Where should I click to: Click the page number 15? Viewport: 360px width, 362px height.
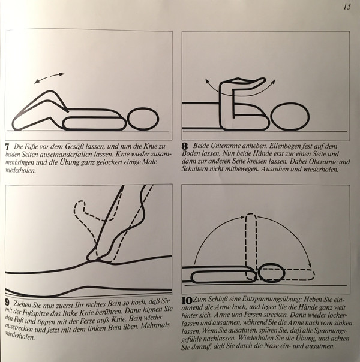(347, 7)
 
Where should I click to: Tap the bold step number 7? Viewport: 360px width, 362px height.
(7, 147)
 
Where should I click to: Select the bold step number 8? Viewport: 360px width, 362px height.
(185, 146)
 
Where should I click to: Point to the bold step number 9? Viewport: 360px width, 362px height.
(8, 303)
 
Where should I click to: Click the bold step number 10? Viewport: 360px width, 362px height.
(187, 301)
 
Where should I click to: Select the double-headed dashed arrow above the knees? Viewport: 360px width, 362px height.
(49, 78)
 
